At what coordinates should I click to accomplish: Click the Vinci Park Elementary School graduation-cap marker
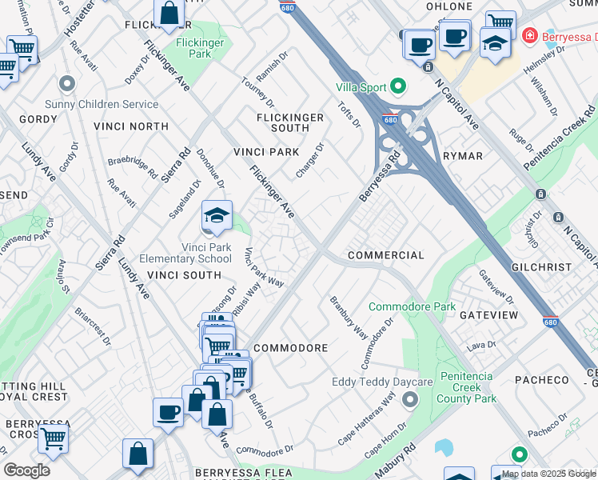(x=216, y=216)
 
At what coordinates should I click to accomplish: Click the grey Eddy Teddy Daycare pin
(x=411, y=398)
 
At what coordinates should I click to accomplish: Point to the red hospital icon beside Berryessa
(x=528, y=36)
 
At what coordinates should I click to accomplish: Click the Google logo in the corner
(x=26, y=470)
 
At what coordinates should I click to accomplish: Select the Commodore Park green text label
(x=412, y=306)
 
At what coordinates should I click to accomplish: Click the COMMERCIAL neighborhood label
(x=385, y=255)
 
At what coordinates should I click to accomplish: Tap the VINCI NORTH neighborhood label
(x=130, y=126)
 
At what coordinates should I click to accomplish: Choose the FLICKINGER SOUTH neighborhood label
(x=289, y=122)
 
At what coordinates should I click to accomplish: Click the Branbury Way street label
(x=349, y=318)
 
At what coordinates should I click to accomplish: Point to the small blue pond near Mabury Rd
(x=443, y=446)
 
